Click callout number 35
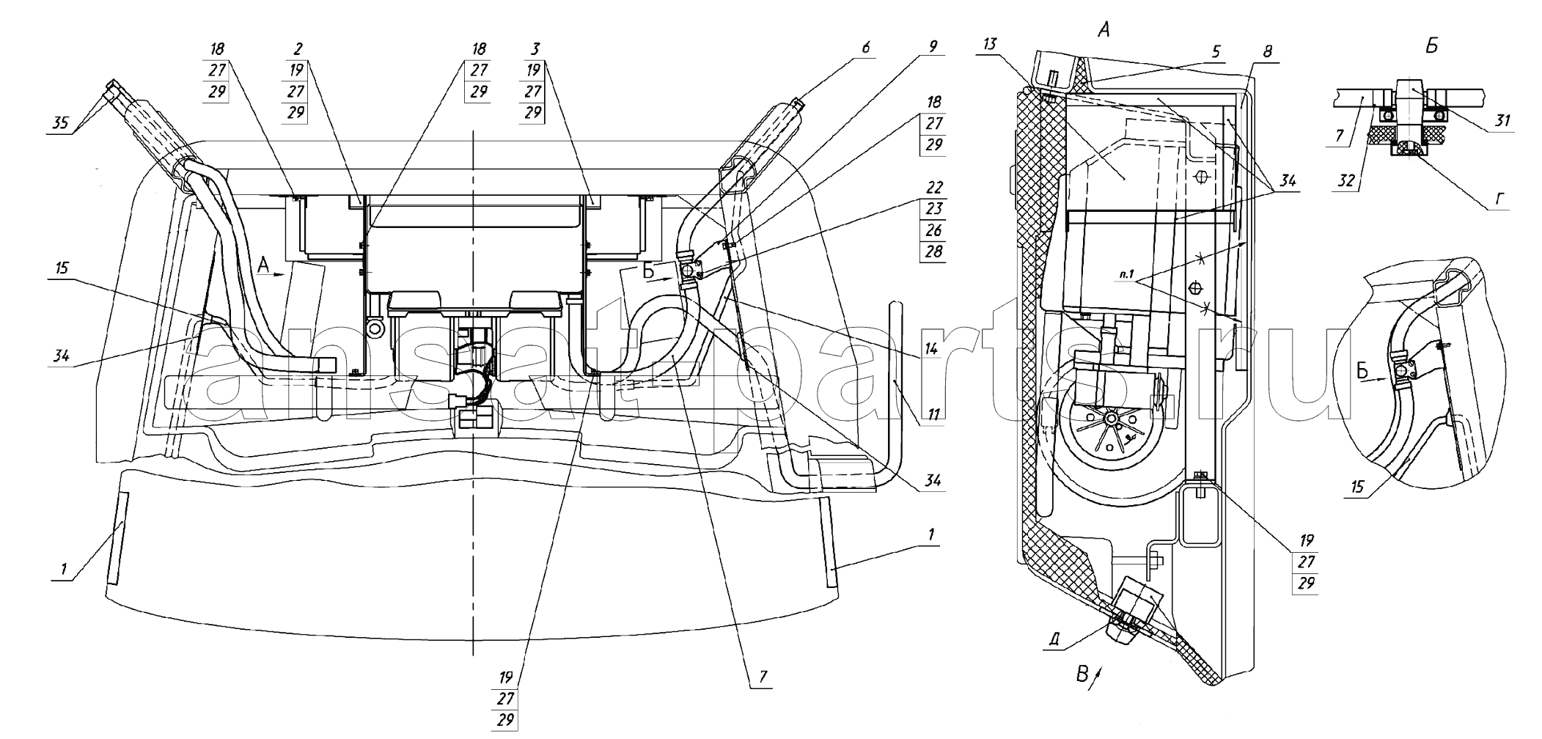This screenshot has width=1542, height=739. coord(61,123)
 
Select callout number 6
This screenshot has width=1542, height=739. coord(866,48)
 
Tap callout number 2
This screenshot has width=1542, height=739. coord(297,49)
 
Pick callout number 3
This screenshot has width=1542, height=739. coord(535,49)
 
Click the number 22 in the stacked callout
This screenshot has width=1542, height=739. coord(934,188)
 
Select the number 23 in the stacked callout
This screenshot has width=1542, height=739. coord(934,209)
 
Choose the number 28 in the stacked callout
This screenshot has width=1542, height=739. coord(934,251)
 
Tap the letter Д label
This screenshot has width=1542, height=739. coord(1054,639)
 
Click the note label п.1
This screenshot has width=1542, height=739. coord(1127,276)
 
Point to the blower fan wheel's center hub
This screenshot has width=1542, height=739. coord(1111,419)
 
